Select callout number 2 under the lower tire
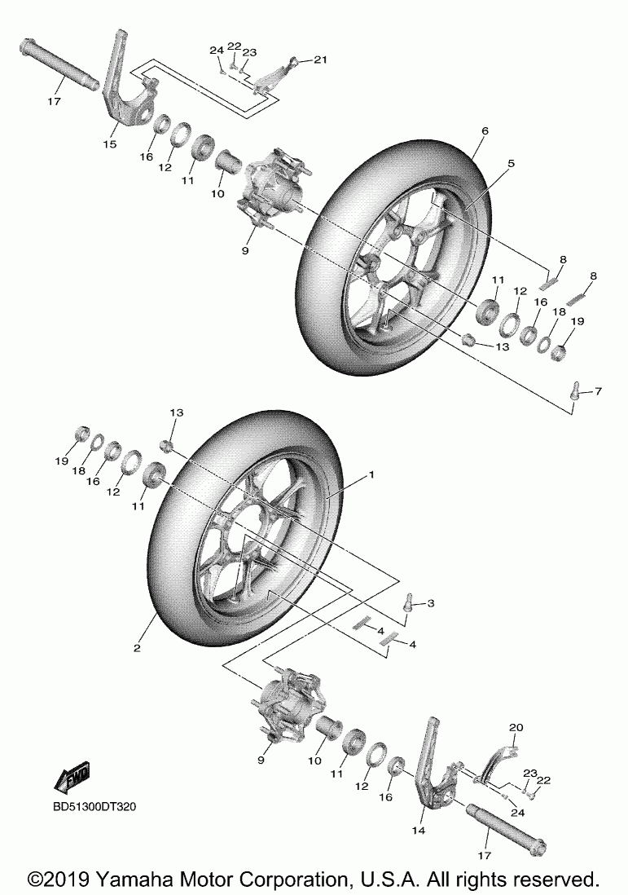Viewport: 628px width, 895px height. (138, 648)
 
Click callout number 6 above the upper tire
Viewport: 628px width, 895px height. (485, 130)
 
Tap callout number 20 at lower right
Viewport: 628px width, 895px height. (515, 727)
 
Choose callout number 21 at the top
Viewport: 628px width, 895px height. (319, 60)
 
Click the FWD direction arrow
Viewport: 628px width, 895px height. (72, 778)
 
